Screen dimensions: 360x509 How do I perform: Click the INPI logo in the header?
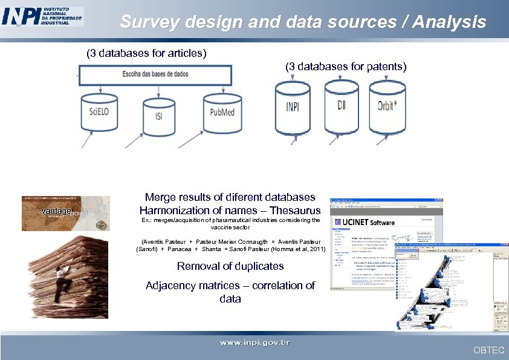coord(42,16)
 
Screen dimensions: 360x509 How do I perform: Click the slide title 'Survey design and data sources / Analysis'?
coord(303,22)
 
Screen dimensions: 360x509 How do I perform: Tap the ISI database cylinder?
coord(159,117)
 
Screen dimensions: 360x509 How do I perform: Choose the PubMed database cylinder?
coord(222,113)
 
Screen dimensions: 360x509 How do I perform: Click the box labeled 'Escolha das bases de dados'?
coord(155,74)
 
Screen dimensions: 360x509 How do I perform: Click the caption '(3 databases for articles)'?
coord(147,53)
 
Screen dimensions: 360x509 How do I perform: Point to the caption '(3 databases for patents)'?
coord(346,67)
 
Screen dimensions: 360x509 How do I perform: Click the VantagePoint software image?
coord(66,213)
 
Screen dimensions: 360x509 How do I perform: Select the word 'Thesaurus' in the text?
coord(295,211)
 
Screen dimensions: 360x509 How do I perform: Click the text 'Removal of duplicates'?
coord(230,266)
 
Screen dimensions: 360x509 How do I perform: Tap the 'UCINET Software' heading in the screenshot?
coord(369,222)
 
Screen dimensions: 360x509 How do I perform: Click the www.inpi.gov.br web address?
coord(254,343)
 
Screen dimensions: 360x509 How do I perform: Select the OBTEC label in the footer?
coord(488,350)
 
